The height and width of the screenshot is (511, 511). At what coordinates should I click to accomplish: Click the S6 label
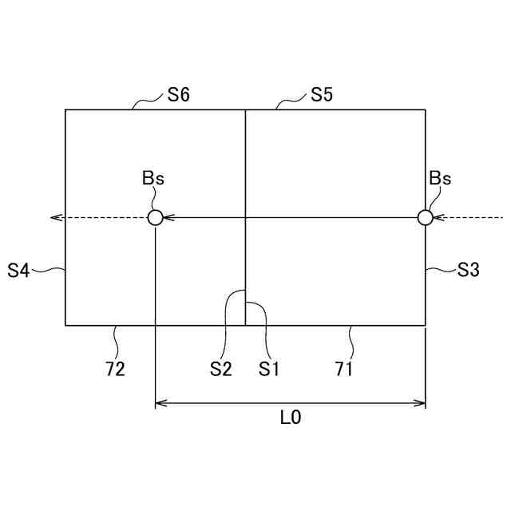[178, 95]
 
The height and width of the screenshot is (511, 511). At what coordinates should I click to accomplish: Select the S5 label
[321, 95]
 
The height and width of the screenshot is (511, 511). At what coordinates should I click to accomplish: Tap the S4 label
[18, 271]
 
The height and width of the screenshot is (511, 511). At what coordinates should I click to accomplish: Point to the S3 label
[469, 270]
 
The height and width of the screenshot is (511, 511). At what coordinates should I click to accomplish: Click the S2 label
[221, 369]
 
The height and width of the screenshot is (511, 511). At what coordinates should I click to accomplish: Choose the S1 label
[268, 369]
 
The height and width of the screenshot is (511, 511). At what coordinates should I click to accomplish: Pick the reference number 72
[115, 369]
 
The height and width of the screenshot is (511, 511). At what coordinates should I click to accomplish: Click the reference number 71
[343, 369]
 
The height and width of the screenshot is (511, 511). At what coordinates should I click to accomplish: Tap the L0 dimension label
[291, 418]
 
